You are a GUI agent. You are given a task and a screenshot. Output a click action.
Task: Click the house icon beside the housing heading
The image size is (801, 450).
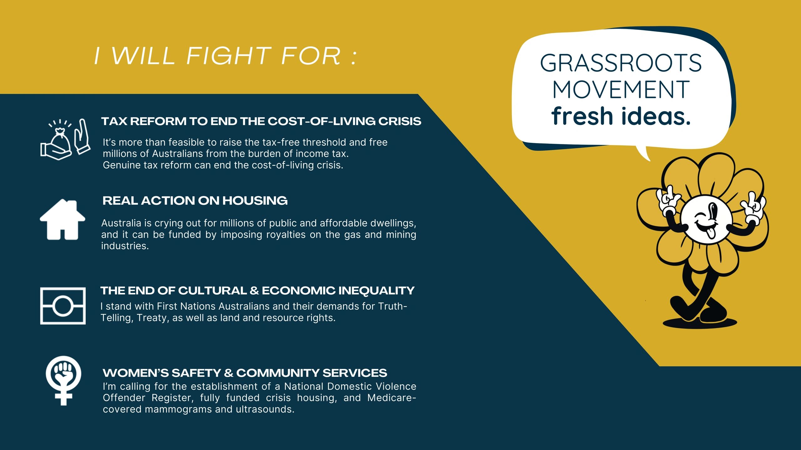click(x=63, y=220)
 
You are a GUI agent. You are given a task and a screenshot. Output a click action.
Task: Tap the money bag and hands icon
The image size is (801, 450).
click(x=65, y=139)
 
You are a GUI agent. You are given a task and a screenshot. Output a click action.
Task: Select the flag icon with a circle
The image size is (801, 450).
click(x=63, y=306)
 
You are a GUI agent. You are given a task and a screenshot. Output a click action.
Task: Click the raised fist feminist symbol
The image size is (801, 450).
click(x=64, y=380)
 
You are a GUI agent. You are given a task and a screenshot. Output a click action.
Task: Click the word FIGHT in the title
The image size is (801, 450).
click(x=229, y=56)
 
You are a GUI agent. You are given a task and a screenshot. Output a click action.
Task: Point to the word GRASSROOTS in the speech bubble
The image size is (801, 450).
click(x=621, y=63)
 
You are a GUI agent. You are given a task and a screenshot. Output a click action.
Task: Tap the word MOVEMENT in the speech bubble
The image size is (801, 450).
click(x=621, y=90)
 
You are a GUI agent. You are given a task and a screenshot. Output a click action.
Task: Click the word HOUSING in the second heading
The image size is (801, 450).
click(x=255, y=201)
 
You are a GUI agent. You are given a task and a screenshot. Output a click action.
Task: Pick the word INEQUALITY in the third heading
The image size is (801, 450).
click(x=376, y=291)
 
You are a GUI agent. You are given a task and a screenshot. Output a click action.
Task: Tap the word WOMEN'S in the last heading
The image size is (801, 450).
click(x=135, y=373)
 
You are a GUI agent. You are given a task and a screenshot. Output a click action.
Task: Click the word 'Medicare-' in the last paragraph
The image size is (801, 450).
click(x=392, y=398)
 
